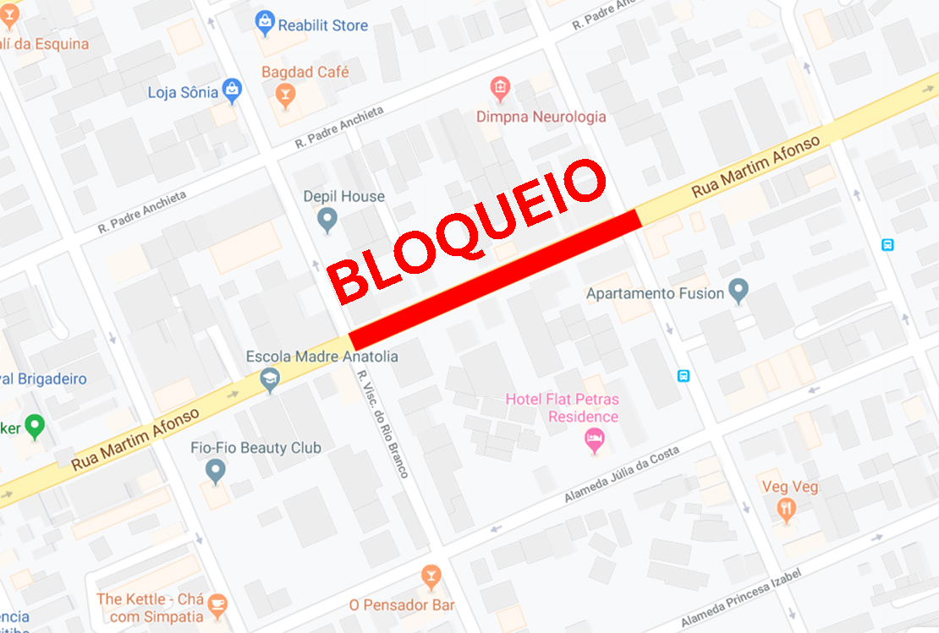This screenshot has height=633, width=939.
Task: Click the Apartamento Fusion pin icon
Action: click(739, 292)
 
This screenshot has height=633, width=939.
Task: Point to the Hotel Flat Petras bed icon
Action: click(595, 439)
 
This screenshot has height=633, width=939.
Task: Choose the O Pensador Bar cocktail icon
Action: click(431, 578)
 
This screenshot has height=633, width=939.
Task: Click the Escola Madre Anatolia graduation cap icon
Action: click(270, 380)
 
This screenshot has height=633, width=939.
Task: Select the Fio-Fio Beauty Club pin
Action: click(216, 470)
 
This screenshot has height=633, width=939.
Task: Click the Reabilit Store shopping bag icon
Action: click(265, 23)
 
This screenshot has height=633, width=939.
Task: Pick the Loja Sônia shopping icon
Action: click(232, 90)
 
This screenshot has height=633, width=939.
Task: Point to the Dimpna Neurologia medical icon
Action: click(500, 88)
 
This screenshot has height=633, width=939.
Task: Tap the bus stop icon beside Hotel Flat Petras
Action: click(684, 376)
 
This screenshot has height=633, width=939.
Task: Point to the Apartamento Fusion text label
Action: click(655, 294)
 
